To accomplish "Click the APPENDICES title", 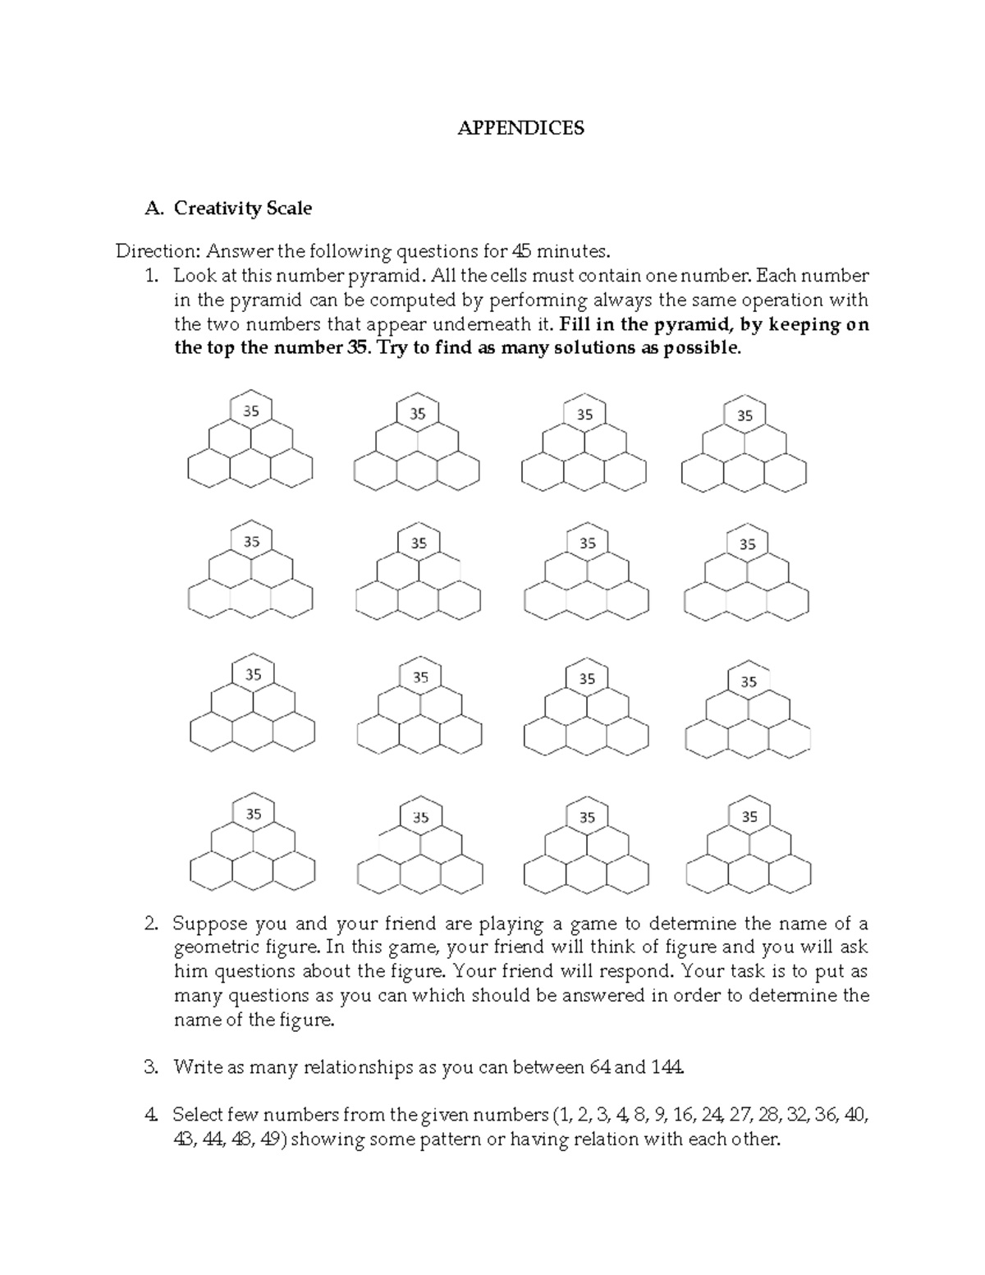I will coord(521,128).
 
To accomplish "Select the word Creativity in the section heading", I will coord(218,209).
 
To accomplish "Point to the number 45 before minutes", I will coord(520,251).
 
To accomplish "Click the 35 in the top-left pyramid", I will coord(251,411).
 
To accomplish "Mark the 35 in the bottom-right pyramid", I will coord(749,816).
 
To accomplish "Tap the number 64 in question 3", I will coord(599,1068).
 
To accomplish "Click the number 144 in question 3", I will coord(666,1068).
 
